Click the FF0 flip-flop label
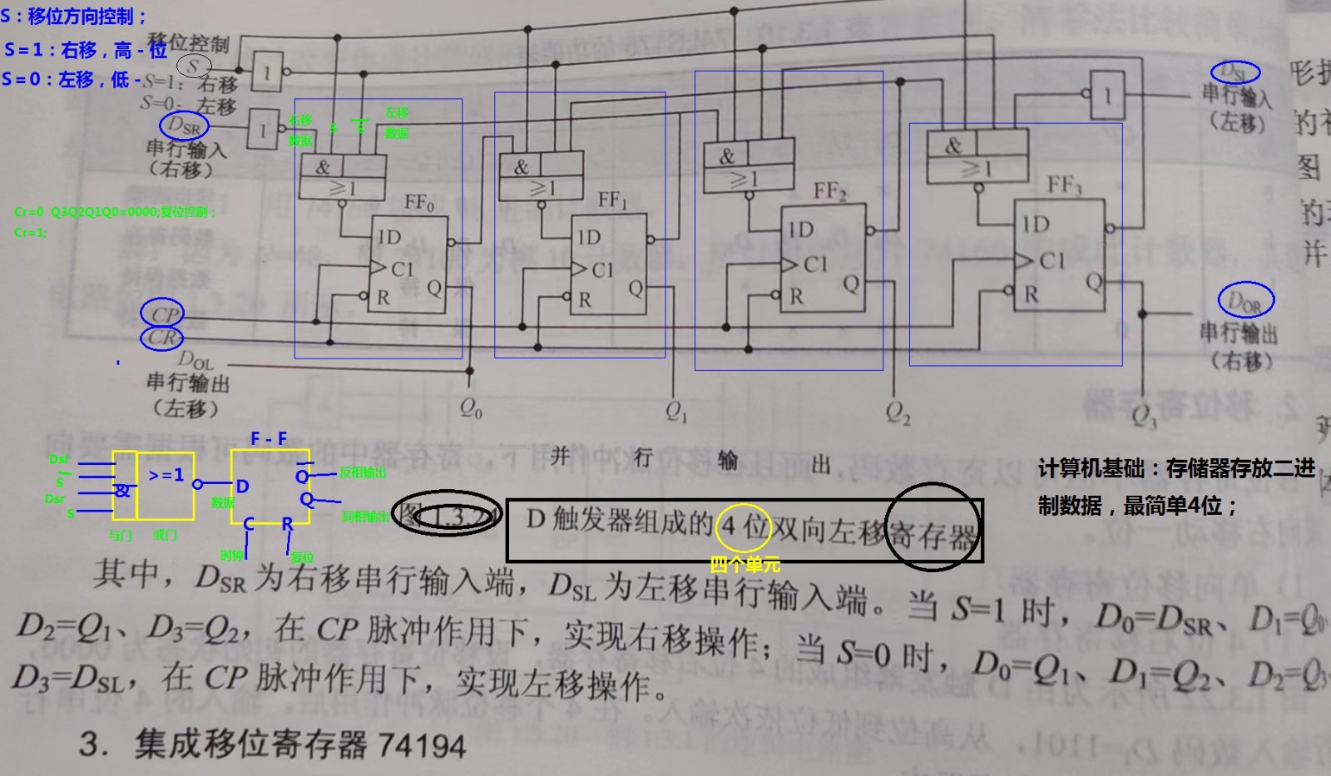[x=419, y=203]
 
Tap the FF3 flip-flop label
[x=1064, y=185]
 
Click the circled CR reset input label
[x=162, y=338]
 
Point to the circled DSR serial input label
[x=183, y=126]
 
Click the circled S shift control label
[x=194, y=66]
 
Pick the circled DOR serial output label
[x=1245, y=301]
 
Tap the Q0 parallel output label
[x=471, y=408]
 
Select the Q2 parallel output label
[x=898, y=413]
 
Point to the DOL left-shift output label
[x=195, y=361]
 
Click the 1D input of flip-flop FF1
[x=589, y=238]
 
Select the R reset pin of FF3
[x=1032, y=294]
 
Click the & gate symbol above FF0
[x=323, y=167]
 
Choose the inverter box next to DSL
[x=1106, y=96]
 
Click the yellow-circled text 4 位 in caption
[x=744, y=526]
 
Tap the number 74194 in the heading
[x=422, y=745]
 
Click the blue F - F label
[x=269, y=438]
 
